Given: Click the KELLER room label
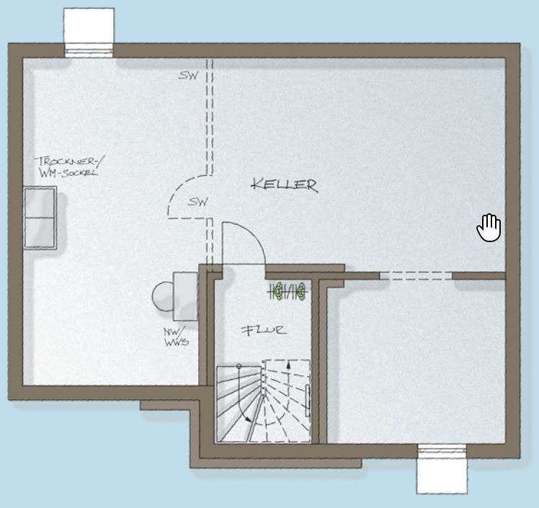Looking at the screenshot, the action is [x=285, y=185].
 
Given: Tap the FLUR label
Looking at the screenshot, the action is [x=263, y=331].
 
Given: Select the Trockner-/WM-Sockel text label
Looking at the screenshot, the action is [x=69, y=166].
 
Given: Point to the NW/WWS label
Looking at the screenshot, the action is [x=176, y=337].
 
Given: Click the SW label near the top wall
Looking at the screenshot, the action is [x=188, y=75].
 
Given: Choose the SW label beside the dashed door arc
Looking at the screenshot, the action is [x=198, y=202].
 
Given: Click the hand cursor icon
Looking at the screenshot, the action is [x=489, y=228].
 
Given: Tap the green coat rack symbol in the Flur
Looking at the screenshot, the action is [x=288, y=292].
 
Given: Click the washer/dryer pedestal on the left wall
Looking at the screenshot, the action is [x=40, y=218].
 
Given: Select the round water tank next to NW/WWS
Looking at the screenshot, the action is [x=163, y=296].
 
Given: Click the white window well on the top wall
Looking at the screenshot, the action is [x=89, y=32].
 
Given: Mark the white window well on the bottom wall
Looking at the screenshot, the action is [x=442, y=469].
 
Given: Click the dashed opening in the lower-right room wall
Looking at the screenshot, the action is [x=416, y=276].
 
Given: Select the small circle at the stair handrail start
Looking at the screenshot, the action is [x=239, y=366].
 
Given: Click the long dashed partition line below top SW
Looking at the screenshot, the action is [x=210, y=116].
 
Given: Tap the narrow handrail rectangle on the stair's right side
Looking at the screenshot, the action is [x=308, y=401].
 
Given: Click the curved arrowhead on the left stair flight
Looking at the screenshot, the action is [x=247, y=419].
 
